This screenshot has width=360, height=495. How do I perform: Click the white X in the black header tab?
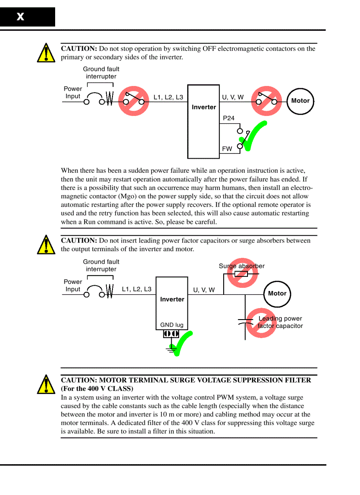pos(20,17)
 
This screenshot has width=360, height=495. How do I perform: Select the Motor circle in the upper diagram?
pos(300,101)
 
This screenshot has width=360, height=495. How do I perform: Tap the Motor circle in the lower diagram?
pos(277,294)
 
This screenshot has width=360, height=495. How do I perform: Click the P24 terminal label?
pos(229,118)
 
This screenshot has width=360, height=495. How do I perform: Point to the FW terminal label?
pos(227,149)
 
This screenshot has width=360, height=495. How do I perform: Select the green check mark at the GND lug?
pos(182,343)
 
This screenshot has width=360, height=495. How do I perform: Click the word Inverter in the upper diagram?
pos(204,107)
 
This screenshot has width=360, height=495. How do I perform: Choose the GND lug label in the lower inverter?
pos(172,325)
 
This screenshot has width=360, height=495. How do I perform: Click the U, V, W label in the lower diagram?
pos(204,290)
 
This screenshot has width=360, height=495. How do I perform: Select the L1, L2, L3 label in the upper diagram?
pos(168,97)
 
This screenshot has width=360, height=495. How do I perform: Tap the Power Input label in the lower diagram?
pos(73,286)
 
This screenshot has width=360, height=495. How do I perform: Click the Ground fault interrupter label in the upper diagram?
pos(101,73)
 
